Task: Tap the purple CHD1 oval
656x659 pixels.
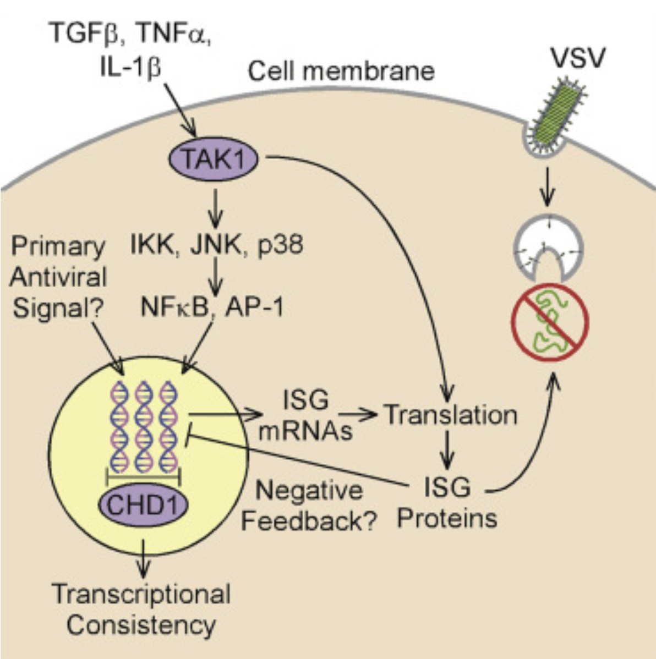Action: [143, 504]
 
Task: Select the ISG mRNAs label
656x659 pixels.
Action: [306, 415]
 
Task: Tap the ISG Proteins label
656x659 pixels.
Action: [447, 502]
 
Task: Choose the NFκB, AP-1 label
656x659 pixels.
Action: [212, 307]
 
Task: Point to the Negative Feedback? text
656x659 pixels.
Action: [310, 505]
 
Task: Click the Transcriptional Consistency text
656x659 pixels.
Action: [141, 609]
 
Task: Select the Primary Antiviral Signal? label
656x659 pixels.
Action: [58, 278]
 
